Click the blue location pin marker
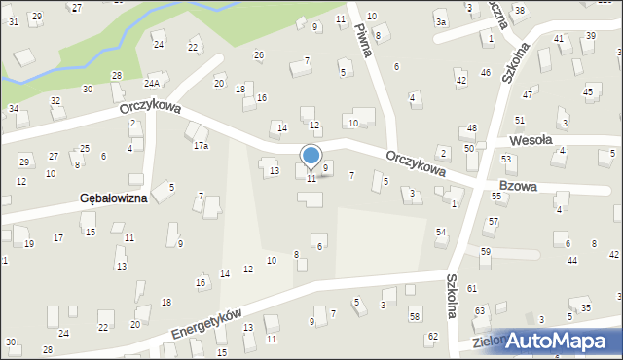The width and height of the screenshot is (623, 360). (x=311, y=157)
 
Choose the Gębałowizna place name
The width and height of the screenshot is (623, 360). (x=114, y=198)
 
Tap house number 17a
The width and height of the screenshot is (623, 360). (x=201, y=146)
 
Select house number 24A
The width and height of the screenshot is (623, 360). (x=152, y=85)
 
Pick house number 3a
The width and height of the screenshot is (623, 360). (x=441, y=21)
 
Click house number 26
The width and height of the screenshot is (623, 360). (x=259, y=54)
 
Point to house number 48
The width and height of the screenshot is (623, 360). (x=471, y=128)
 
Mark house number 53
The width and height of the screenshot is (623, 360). (x=506, y=158)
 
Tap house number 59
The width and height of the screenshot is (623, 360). (x=486, y=251)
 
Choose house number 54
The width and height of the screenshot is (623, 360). (x=441, y=232)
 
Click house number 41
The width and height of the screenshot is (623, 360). (x=559, y=38)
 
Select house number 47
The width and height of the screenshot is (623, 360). (x=527, y=94)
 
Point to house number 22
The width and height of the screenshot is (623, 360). (x=193, y=47)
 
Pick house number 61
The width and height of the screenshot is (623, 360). (x=472, y=288)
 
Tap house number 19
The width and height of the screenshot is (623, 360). (x=29, y=243)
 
